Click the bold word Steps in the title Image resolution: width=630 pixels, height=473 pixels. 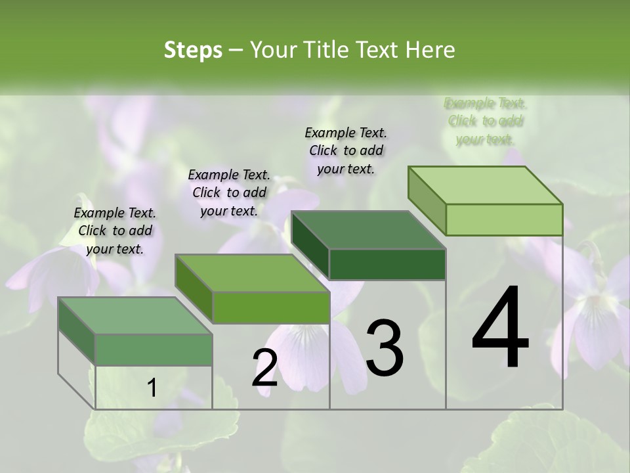(x=193, y=50)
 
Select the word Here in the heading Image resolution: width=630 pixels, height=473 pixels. (x=430, y=50)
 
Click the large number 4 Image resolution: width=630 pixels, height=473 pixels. (x=500, y=328)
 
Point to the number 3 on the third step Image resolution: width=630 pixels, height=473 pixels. (x=385, y=348)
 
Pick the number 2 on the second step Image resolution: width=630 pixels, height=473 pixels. (x=264, y=368)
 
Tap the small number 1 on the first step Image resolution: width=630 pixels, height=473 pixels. (x=152, y=388)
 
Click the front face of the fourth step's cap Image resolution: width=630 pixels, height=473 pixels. (x=504, y=219)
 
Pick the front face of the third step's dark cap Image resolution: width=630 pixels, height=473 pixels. (x=387, y=264)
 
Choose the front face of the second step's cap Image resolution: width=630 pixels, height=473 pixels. (x=271, y=307)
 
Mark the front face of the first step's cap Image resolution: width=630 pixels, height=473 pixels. (x=154, y=349)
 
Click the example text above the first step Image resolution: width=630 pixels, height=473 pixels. (x=115, y=231)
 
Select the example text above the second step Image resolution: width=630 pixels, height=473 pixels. (x=229, y=192)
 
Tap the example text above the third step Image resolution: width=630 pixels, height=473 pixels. (x=346, y=150)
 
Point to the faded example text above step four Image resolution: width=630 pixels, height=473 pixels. (x=485, y=121)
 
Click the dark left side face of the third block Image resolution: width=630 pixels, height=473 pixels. (x=310, y=244)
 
